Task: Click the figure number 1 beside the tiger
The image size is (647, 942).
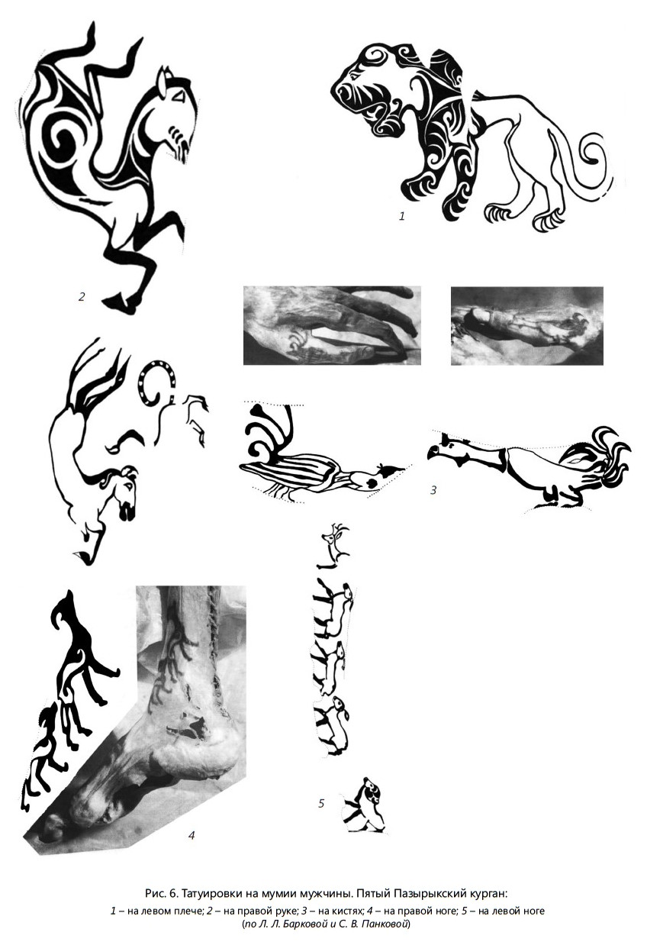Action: point(402,216)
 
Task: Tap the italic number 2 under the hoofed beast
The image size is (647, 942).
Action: point(82,297)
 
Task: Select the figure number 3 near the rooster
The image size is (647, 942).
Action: point(433,490)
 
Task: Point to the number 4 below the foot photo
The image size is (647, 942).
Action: point(192,835)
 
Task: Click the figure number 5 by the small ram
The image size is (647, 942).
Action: point(321,804)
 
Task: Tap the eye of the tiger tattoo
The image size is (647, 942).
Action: point(354,76)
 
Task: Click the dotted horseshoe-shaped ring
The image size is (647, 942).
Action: point(156,382)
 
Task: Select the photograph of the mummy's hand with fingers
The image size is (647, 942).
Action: point(332,325)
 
